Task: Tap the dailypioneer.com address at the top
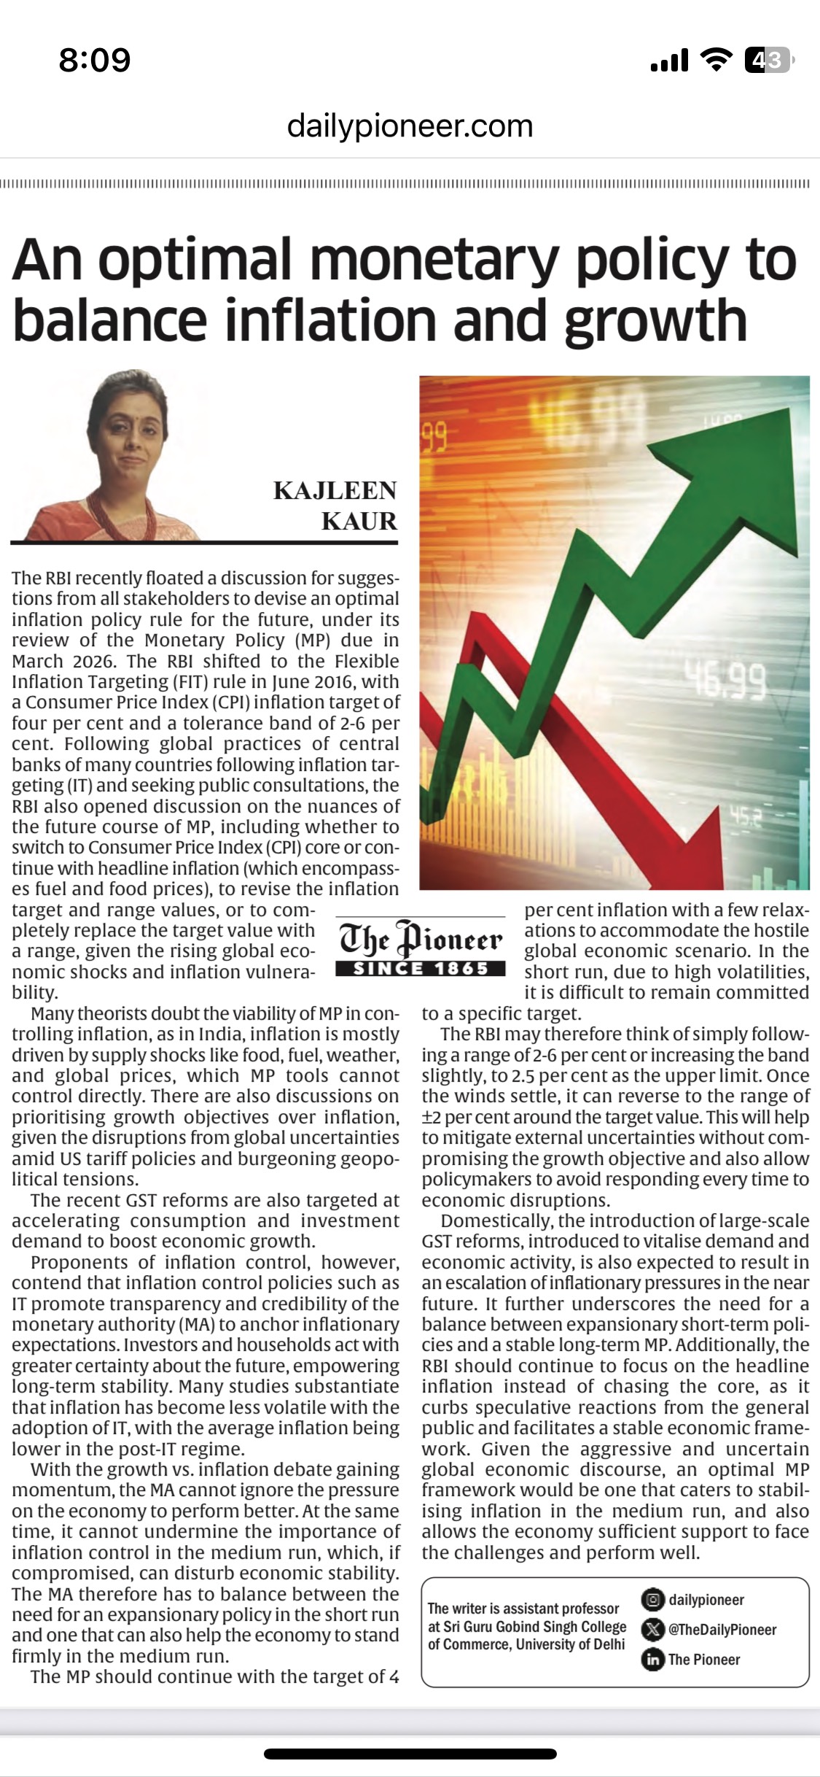pyautogui.click(x=410, y=125)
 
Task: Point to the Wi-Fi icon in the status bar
pyautogui.click(x=716, y=60)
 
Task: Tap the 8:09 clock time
pyautogui.click(x=95, y=60)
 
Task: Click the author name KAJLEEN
pyautogui.click(x=335, y=490)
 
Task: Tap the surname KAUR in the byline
pyautogui.click(x=359, y=522)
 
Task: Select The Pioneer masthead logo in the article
pyautogui.click(x=421, y=940)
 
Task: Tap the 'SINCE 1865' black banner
pyautogui.click(x=421, y=969)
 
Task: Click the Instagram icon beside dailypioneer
pyautogui.click(x=652, y=1600)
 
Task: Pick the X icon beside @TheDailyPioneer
pyautogui.click(x=652, y=1629)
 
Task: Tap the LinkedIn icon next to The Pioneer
pyautogui.click(x=652, y=1660)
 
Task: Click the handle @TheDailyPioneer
pyautogui.click(x=722, y=1630)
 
